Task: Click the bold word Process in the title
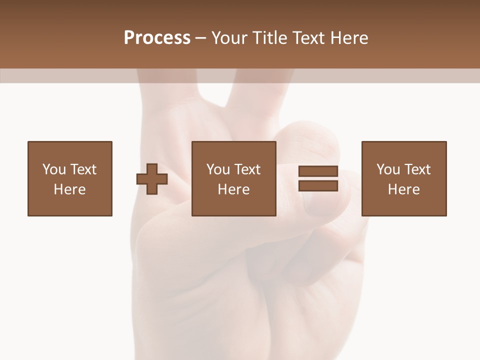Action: coord(157,38)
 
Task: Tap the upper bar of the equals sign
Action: coord(318,171)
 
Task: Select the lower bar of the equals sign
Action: coord(318,186)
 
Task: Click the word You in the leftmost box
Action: coord(54,169)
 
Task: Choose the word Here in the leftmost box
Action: coord(69,189)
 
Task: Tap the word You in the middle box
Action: coord(218,169)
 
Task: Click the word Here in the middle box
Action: coord(234,189)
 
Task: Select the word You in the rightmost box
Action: coord(388,169)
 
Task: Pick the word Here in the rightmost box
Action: coord(404,189)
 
